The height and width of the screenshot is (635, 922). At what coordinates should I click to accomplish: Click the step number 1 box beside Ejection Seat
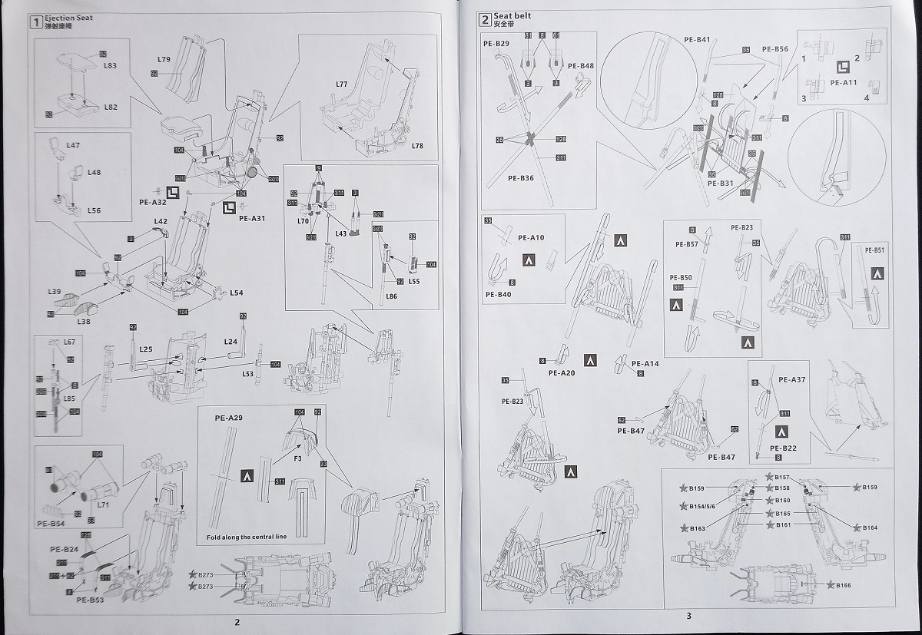pos(35,21)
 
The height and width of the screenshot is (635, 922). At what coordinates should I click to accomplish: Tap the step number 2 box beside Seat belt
pos(485,20)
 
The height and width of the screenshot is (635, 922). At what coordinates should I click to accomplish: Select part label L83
pos(110,66)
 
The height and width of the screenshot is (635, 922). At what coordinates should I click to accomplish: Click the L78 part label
pos(417,145)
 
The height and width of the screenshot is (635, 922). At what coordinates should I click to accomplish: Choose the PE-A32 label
pos(152,202)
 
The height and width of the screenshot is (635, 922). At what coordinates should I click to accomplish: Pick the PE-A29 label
pos(228,418)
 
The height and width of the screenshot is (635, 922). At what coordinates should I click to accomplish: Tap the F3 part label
pos(297,458)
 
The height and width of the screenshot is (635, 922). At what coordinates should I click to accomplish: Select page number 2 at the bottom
pos(237,622)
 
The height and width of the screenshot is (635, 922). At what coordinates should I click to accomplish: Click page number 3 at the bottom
pos(688,616)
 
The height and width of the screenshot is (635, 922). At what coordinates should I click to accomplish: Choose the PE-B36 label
pos(521,177)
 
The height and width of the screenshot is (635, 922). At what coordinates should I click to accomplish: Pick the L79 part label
pos(164,59)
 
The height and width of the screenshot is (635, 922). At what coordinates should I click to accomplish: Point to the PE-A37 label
pos(791,379)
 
